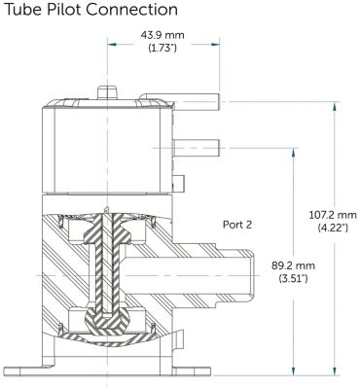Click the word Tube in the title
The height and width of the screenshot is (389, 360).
[23, 10]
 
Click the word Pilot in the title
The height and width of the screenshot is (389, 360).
[64, 10]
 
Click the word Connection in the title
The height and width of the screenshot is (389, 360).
[132, 10]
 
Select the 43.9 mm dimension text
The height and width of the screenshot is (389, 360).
[162, 35]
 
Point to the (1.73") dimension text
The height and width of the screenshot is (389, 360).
[162, 49]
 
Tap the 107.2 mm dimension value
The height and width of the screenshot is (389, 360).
[333, 215]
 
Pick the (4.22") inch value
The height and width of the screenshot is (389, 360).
[333, 229]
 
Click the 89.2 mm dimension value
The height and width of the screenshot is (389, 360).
[293, 265]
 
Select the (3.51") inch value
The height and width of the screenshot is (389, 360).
[293, 278]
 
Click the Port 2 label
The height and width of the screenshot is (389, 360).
[237, 225]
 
